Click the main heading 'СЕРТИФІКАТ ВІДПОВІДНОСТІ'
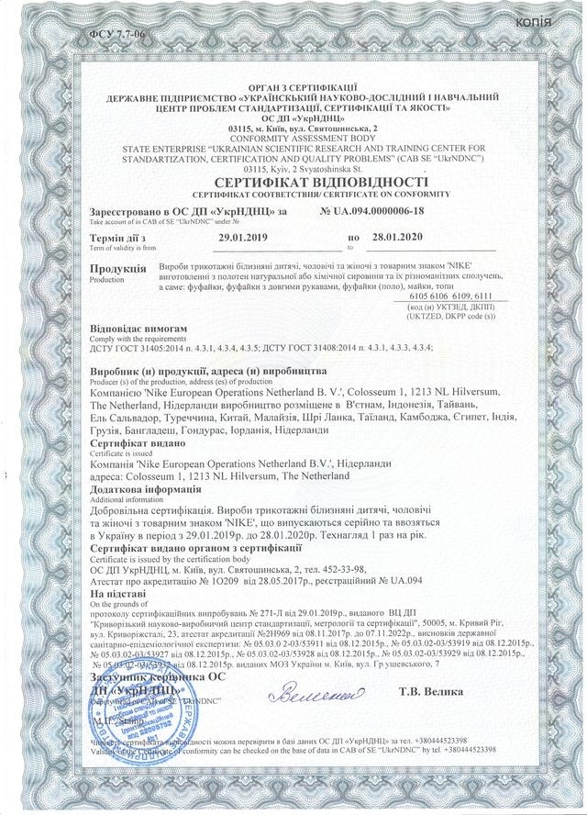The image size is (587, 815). tap(293, 183)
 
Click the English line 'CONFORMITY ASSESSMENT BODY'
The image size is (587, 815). tap(293, 138)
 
